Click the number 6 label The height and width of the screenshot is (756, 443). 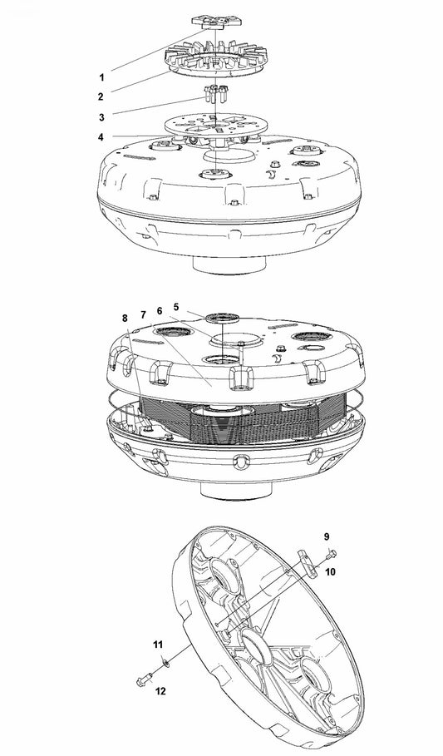click(x=160, y=309)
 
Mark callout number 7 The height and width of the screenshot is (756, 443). click(x=143, y=314)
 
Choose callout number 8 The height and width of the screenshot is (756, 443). click(x=125, y=318)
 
